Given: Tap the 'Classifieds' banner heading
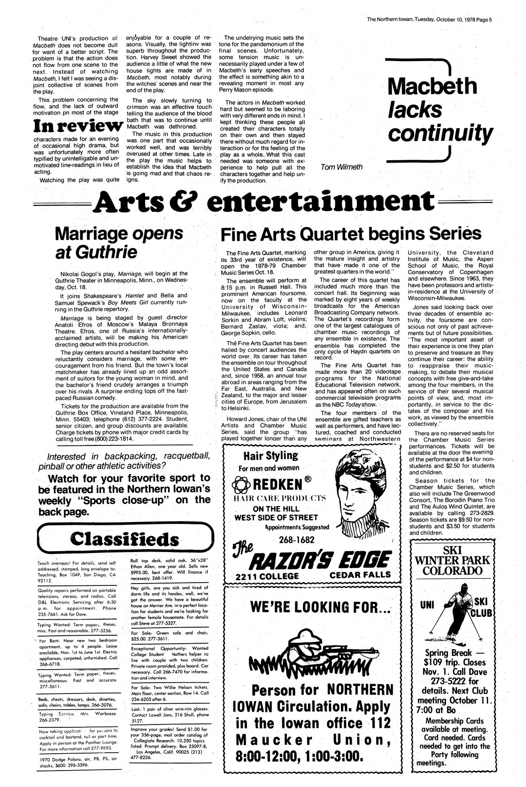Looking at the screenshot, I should coord(124,539).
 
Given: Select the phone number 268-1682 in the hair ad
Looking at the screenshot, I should coord(295,539).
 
